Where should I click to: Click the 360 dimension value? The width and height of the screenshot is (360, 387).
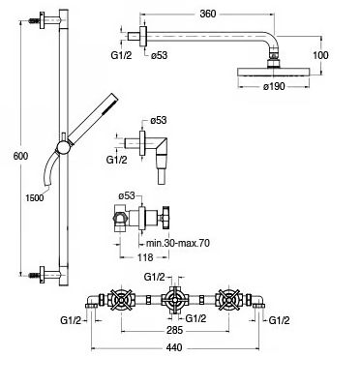[x=208, y=14]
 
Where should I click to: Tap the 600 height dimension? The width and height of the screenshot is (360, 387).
[x=21, y=156]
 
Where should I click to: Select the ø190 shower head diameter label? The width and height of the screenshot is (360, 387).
[x=274, y=86]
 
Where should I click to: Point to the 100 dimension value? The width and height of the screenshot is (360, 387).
[x=320, y=55]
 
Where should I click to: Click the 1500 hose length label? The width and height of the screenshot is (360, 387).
[x=35, y=197]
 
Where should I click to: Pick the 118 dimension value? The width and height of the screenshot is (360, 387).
[x=145, y=257]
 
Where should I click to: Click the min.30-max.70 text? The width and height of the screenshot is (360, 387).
[x=178, y=243]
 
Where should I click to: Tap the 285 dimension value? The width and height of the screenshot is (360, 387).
[x=175, y=330]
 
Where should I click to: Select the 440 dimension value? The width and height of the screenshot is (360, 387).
[x=174, y=347]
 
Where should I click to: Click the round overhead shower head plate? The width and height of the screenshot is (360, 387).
[x=274, y=72]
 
